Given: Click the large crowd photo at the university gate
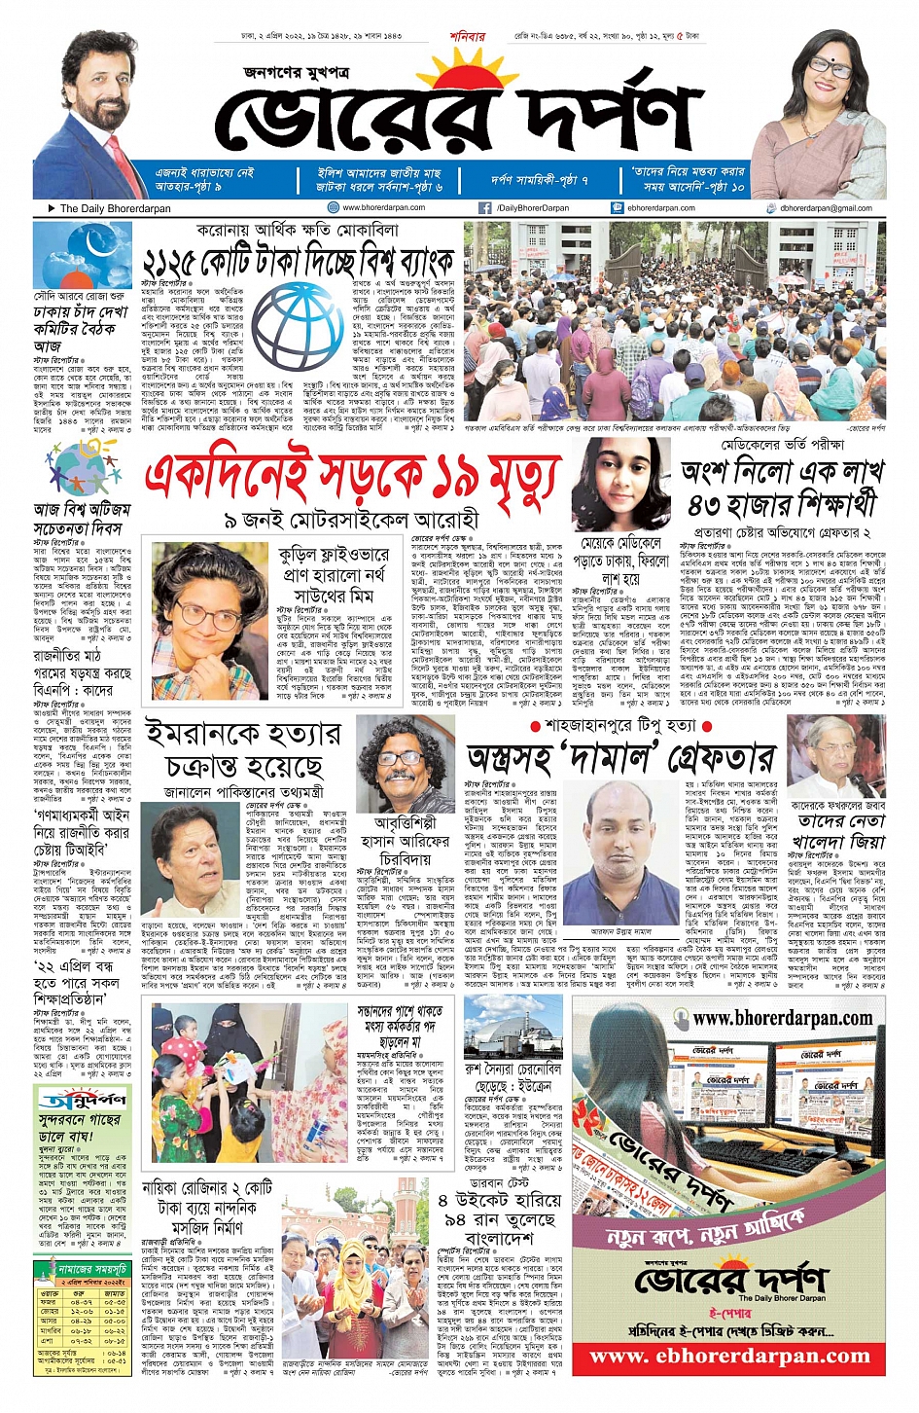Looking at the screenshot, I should [675, 321].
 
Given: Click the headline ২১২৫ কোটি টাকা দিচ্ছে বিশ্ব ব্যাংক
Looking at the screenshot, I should [299, 261].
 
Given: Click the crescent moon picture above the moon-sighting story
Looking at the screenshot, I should [68, 256].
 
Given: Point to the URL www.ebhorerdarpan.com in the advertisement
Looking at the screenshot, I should [729, 1357].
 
